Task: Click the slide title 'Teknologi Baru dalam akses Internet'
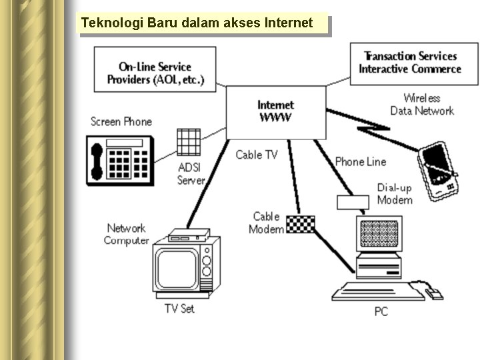[x=197, y=23]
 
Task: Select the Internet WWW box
[x=275, y=111]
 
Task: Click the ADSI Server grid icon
[x=189, y=142]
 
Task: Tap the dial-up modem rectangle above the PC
[x=353, y=202]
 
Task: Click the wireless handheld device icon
[x=438, y=170]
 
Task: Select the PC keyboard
[x=370, y=291]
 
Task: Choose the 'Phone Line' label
[x=360, y=161]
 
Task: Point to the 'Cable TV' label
[x=257, y=155]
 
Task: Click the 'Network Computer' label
[x=126, y=234]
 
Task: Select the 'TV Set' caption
[x=179, y=309]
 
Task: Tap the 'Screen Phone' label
[x=121, y=121]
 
